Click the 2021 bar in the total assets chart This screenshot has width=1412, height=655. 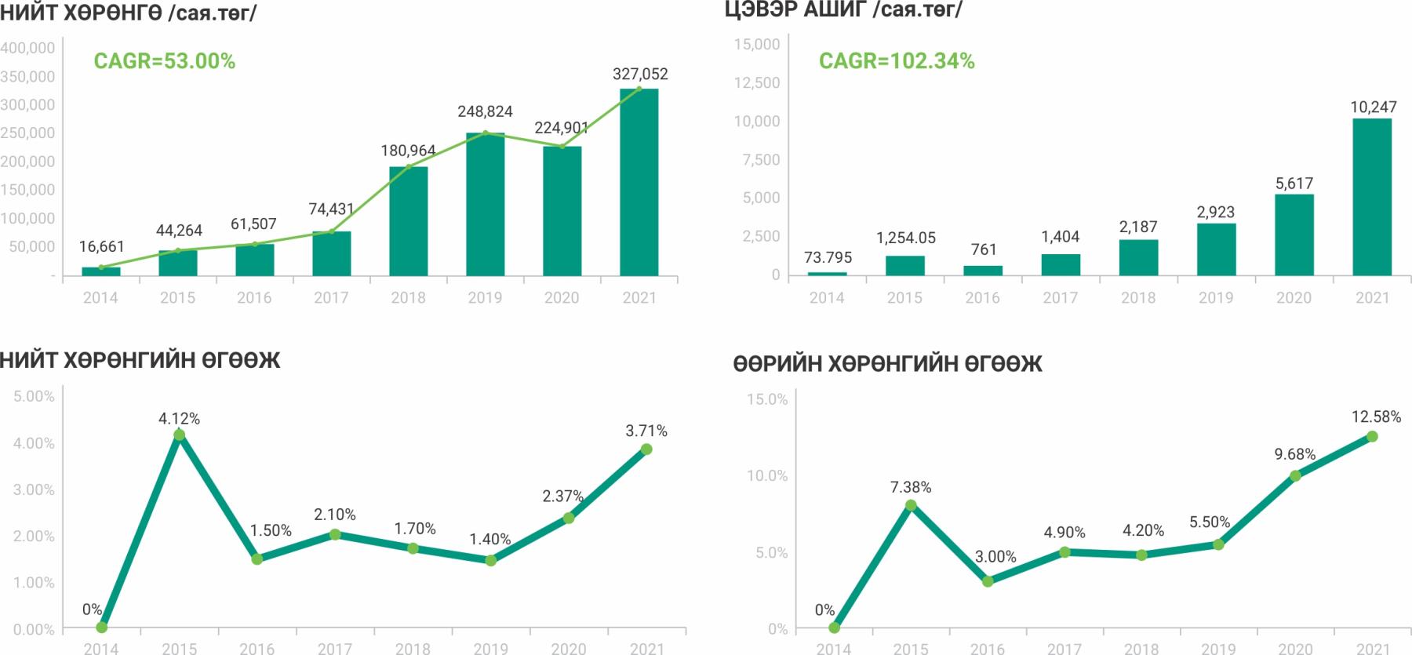(639, 182)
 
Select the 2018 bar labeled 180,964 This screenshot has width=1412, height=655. (408, 221)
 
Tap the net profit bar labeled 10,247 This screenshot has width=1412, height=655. (1372, 197)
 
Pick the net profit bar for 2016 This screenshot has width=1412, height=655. (982, 271)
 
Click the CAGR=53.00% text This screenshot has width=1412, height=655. (164, 61)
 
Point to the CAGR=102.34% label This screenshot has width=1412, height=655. (897, 61)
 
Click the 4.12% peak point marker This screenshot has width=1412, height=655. (179, 435)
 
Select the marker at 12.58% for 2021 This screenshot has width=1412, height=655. (1372, 436)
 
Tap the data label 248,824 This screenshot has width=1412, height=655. (485, 111)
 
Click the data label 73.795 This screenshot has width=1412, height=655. (828, 257)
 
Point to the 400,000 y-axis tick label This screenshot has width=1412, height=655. (28, 48)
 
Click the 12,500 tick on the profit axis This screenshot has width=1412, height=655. (757, 82)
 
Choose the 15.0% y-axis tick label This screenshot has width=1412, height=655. (766, 399)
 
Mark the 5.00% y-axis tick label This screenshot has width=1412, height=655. (35, 396)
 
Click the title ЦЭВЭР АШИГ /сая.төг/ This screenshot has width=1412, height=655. (843, 9)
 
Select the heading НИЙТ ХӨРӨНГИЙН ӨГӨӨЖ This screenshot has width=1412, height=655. (140, 360)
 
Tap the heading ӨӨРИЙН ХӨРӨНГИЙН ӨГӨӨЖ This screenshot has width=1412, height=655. (887, 364)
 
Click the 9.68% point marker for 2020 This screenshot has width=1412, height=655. (1295, 475)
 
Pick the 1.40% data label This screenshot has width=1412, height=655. (489, 539)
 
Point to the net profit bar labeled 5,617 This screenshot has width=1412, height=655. (1294, 235)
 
